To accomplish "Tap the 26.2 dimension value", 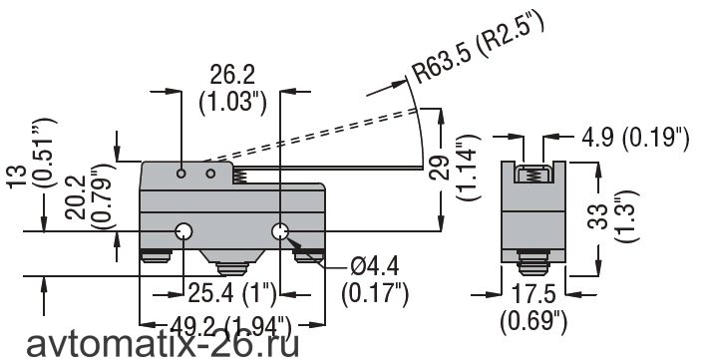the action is coord(232,75).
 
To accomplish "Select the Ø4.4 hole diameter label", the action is coord(374,269).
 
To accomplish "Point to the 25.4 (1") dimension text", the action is coord(231,294).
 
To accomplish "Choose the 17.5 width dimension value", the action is coord(533,294).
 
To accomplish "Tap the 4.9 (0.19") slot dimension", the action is coord(635,139).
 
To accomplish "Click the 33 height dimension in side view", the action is coord(599,216).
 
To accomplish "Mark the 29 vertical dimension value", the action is coord(440,167).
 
